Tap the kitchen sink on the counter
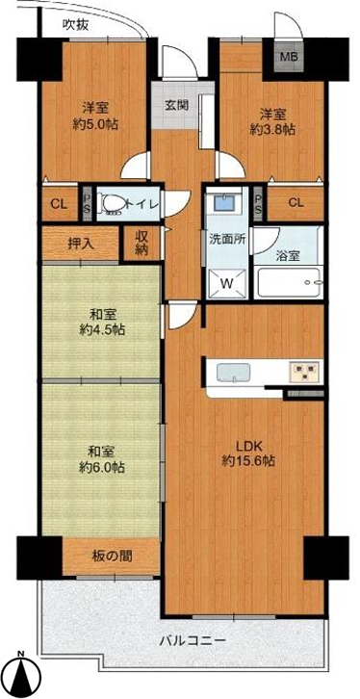[233, 373]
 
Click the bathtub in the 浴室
[290, 283]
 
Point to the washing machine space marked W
[226, 283]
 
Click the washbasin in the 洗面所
[222, 203]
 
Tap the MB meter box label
[289, 57]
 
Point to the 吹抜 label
[75, 25]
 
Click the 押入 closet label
[81, 244]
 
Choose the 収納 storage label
[141, 244]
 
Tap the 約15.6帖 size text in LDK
[248, 461]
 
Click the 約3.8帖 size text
[272, 129]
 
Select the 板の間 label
[113, 556]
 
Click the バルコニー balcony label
[193, 641]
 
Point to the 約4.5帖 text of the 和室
[102, 330]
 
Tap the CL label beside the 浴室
[296, 203]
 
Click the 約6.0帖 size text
[102, 467]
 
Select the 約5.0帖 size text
[96, 124]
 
